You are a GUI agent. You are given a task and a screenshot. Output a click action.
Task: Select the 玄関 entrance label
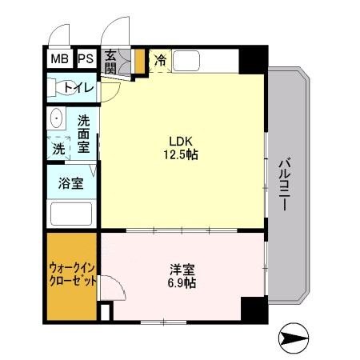coord(110,63)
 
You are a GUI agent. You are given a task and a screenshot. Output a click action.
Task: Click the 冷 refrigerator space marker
coord(160,60)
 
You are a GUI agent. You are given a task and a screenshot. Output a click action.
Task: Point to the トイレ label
coord(79,88)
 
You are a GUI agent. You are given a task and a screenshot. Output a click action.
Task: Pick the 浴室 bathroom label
coord(70,183)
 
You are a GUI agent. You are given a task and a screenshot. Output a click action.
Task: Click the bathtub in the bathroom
coord(71,214)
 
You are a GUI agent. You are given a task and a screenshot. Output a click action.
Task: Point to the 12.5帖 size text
coord(181,154)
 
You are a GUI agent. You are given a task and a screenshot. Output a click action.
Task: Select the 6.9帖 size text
coord(180,283)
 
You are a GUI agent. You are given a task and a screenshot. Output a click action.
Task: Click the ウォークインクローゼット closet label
coord(73,274)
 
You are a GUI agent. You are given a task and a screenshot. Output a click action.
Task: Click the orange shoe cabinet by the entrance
coord(138,62)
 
